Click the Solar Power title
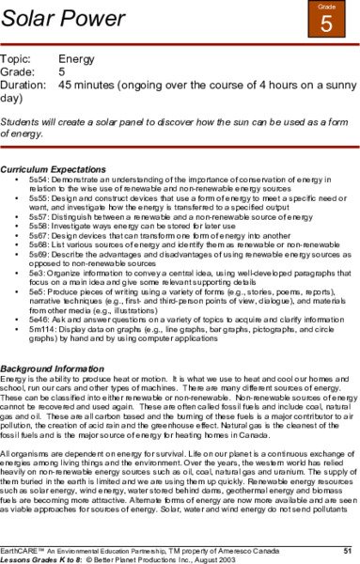pyautogui.click(x=56, y=19)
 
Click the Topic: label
pyautogui.click(x=19, y=57)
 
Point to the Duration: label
pyautogui.click(x=25, y=83)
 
